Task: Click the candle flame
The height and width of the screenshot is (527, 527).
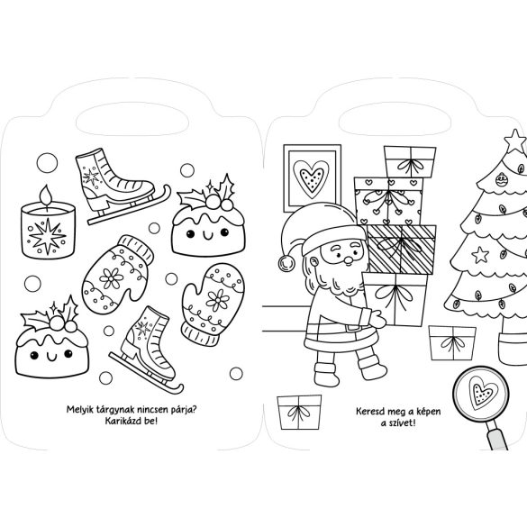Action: (46, 195)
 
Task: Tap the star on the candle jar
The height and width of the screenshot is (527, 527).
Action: (47, 236)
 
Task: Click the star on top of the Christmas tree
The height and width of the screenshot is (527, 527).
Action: (515, 141)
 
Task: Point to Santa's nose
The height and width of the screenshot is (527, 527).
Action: (349, 259)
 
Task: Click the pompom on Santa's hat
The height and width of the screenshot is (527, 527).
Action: (287, 263)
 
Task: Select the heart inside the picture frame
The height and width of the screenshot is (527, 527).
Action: (311, 178)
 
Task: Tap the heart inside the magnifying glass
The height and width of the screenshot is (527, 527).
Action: (483, 391)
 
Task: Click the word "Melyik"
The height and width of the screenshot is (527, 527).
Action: (80, 410)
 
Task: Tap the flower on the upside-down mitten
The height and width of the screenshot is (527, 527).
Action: (111, 278)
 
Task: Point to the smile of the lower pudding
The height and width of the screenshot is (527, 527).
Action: (51, 357)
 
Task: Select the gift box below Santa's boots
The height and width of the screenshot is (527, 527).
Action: (299, 413)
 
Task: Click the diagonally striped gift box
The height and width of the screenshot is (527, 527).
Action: (402, 250)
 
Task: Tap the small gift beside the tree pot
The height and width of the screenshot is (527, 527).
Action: (452, 343)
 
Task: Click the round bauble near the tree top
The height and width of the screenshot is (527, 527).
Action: (502, 180)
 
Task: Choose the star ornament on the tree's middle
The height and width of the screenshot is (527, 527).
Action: (480, 255)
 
